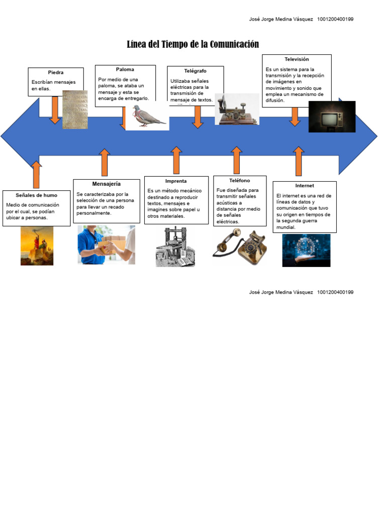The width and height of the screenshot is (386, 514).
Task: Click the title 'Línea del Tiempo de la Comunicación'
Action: coord(192,45)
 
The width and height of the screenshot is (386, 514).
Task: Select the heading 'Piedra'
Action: coord(56,73)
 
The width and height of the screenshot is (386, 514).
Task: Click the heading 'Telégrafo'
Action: coord(195,71)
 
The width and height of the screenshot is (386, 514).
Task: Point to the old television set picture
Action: coord(332,117)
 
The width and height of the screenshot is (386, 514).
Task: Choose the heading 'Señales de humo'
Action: coord(36,195)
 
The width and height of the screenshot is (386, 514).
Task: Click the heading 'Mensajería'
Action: coord(106,184)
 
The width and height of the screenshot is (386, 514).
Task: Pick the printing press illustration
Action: coord(175,246)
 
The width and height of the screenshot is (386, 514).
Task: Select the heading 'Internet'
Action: coord(305,186)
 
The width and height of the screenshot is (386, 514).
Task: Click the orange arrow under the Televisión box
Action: coord(295,116)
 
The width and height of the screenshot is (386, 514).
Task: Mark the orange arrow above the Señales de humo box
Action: coord(36,174)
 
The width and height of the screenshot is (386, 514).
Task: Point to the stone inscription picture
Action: coord(75,109)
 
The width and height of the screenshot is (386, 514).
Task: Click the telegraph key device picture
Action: coord(237,109)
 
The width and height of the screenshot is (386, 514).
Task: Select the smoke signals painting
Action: coord(37,245)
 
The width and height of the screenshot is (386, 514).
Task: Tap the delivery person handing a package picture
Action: coord(106,244)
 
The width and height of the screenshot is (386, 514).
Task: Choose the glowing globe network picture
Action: coord(306,250)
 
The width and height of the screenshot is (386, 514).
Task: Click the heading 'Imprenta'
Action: coord(176,181)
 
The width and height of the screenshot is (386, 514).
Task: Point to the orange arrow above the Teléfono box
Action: coord(237,160)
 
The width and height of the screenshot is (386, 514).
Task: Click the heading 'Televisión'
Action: coord(297,59)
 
